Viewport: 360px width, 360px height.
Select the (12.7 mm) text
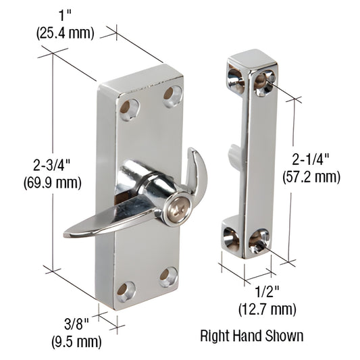click(x=267, y=310)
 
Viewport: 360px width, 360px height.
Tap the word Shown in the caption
click(x=286, y=335)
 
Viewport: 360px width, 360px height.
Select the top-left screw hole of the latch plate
click(x=128, y=108)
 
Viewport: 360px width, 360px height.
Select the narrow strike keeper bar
click(x=252, y=155)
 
